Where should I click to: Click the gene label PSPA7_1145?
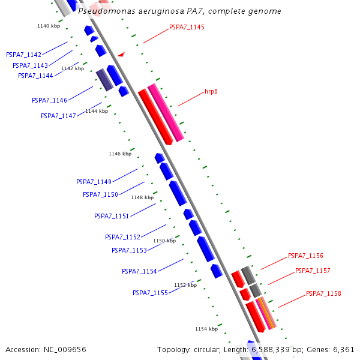tap(187, 27)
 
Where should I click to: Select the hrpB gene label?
tap(211, 92)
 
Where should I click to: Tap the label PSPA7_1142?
tap(24, 55)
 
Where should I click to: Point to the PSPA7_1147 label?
tap(58, 116)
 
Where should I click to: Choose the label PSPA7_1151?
tap(112, 216)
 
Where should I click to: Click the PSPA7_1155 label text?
tap(150, 293)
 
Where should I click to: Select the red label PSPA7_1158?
tap(323, 293)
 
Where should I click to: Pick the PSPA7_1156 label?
tap(305, 256)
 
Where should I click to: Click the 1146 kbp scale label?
tap(120, 154)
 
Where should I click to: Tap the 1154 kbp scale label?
tap(206, 329)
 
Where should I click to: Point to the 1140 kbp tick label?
tap(49, 26)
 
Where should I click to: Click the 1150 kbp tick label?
tap(164, 241)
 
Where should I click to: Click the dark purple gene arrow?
tap(104, 79)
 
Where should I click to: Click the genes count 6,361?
tap(344, 349)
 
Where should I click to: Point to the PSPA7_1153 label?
tap(129, 250)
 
